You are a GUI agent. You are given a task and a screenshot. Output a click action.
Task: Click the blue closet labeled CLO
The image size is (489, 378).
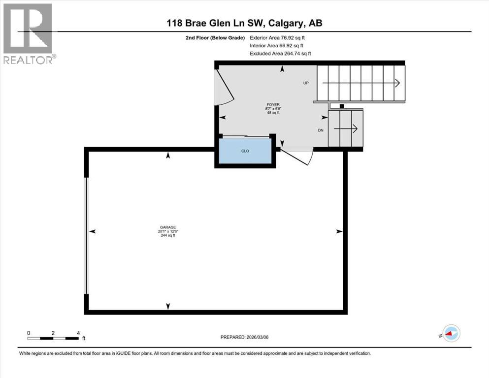(x=245, y=152)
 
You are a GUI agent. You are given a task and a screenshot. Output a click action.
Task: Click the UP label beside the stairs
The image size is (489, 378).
(x=306, y=83)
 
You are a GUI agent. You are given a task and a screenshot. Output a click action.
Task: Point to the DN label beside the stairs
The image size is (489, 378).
(x=321, y=130)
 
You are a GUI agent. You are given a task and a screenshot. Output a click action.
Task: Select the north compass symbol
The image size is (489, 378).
(x=451, y=334)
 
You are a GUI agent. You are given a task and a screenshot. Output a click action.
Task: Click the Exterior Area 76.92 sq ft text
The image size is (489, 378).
(x=280, y=37)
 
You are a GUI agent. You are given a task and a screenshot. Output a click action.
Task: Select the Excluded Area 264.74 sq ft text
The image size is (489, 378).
(x=280, y=54)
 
